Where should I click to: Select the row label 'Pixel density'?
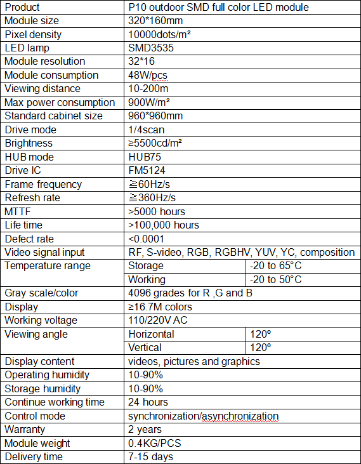(x=33, y=34)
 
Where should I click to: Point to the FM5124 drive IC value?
(x=147, y=171)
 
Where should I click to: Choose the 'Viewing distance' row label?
(x=43, y=89)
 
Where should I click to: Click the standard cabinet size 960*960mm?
(x=155, y=116)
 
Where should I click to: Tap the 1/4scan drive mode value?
(x=147, y=129)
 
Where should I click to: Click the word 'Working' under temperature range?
(x=147, y=279)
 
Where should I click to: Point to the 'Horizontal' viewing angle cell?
(x=151, y=334)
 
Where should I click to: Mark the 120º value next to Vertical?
(x=260, y=348)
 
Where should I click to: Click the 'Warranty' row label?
(x=26, y=430)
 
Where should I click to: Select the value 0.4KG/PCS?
(x=154, y=443)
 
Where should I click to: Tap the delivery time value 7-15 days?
(x=150, y=456)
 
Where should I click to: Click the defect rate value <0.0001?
(x=147, y=239)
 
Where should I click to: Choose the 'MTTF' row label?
(x=18, y=211)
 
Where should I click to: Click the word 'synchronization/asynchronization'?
(x=203, y=416)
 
